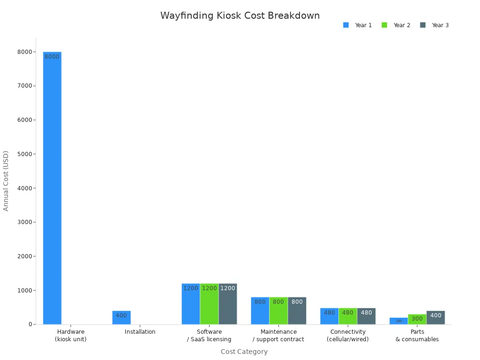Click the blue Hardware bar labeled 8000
coord(52,187)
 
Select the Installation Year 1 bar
coord(121,317)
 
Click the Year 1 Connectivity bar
coord(329,316)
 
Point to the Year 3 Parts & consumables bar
coord(435,317)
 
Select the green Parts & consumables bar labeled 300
coord(417,319)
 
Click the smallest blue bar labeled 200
coord(398,321)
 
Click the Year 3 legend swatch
coord(423,25)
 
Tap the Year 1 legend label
coord(363,25)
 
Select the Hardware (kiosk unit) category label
coord(71,335)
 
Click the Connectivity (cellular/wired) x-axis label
coord(348,335)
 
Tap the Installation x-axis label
coord(140,332)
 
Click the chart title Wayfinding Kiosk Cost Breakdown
coord(240,16)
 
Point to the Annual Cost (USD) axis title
coord(6,180)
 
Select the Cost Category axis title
coord(244,352)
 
